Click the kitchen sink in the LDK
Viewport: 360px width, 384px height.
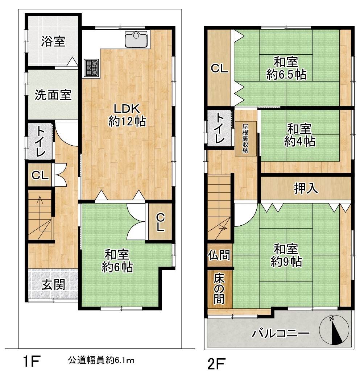[x=137, y=39]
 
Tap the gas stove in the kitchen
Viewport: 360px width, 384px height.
[x=92, y=68]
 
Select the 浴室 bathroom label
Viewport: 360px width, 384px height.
[x=53, y=41]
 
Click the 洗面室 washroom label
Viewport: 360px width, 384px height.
[x=53, y=95]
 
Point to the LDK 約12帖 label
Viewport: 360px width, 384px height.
[x=127, y=115]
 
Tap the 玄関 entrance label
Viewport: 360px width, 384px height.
[x=53, y=285]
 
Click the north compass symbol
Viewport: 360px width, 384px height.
[x=334, y=330]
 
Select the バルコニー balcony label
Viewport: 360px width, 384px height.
[x=281, y=333]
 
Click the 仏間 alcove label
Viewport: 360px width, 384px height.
[x=219, y=255]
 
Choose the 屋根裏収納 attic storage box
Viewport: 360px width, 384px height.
[x=245, y=139]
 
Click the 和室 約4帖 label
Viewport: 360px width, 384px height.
[x=299, y=135]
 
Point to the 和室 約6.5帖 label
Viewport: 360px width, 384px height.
[x=286, y=68]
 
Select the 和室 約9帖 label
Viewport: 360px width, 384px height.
[x=286, y=255]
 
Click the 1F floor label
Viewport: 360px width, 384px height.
[x=32, y=362]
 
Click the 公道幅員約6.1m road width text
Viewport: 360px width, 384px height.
[x=101, y=360]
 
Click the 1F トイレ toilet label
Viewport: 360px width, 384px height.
[x=40, y=142]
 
